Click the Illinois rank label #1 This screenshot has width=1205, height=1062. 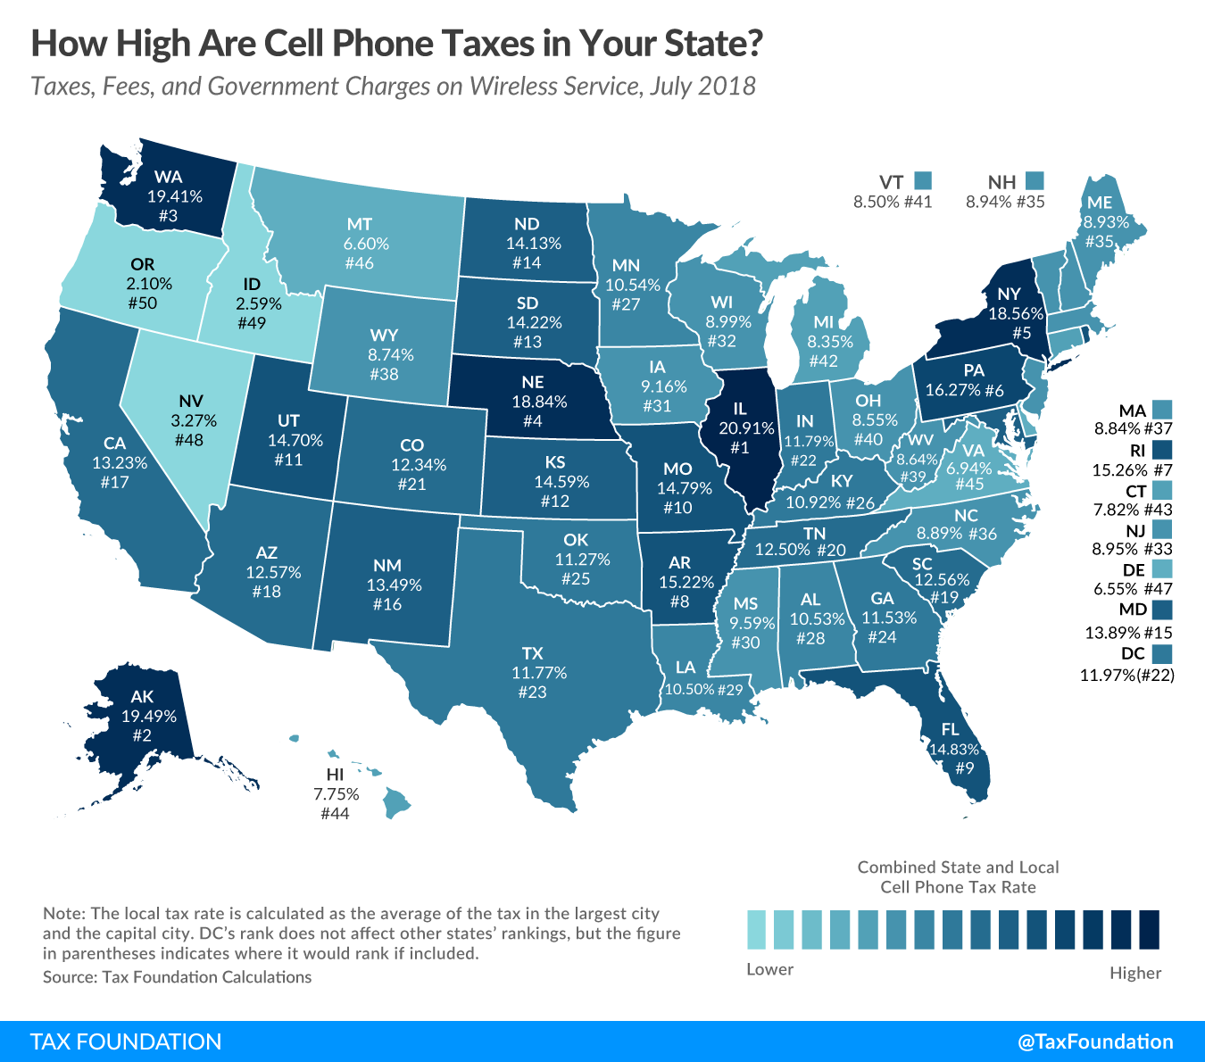(739, 448)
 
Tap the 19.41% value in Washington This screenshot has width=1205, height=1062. (175, 196)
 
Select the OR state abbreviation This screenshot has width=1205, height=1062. (143, 264)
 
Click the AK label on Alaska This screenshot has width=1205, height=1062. (142, 697)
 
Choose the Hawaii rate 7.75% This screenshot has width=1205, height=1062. (336, 794)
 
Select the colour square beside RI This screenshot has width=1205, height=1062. (1161, 449)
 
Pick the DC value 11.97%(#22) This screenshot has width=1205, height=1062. (1127, 676)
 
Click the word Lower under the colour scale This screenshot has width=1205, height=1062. (769, 969)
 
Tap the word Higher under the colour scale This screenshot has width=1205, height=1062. (1135, 973)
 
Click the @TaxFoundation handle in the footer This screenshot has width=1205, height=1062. (1095, 1041)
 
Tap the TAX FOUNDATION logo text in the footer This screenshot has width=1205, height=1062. (126, 1041)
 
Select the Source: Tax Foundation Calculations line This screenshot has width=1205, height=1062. (177, 977)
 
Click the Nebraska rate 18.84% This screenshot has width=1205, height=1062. (539, 402)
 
